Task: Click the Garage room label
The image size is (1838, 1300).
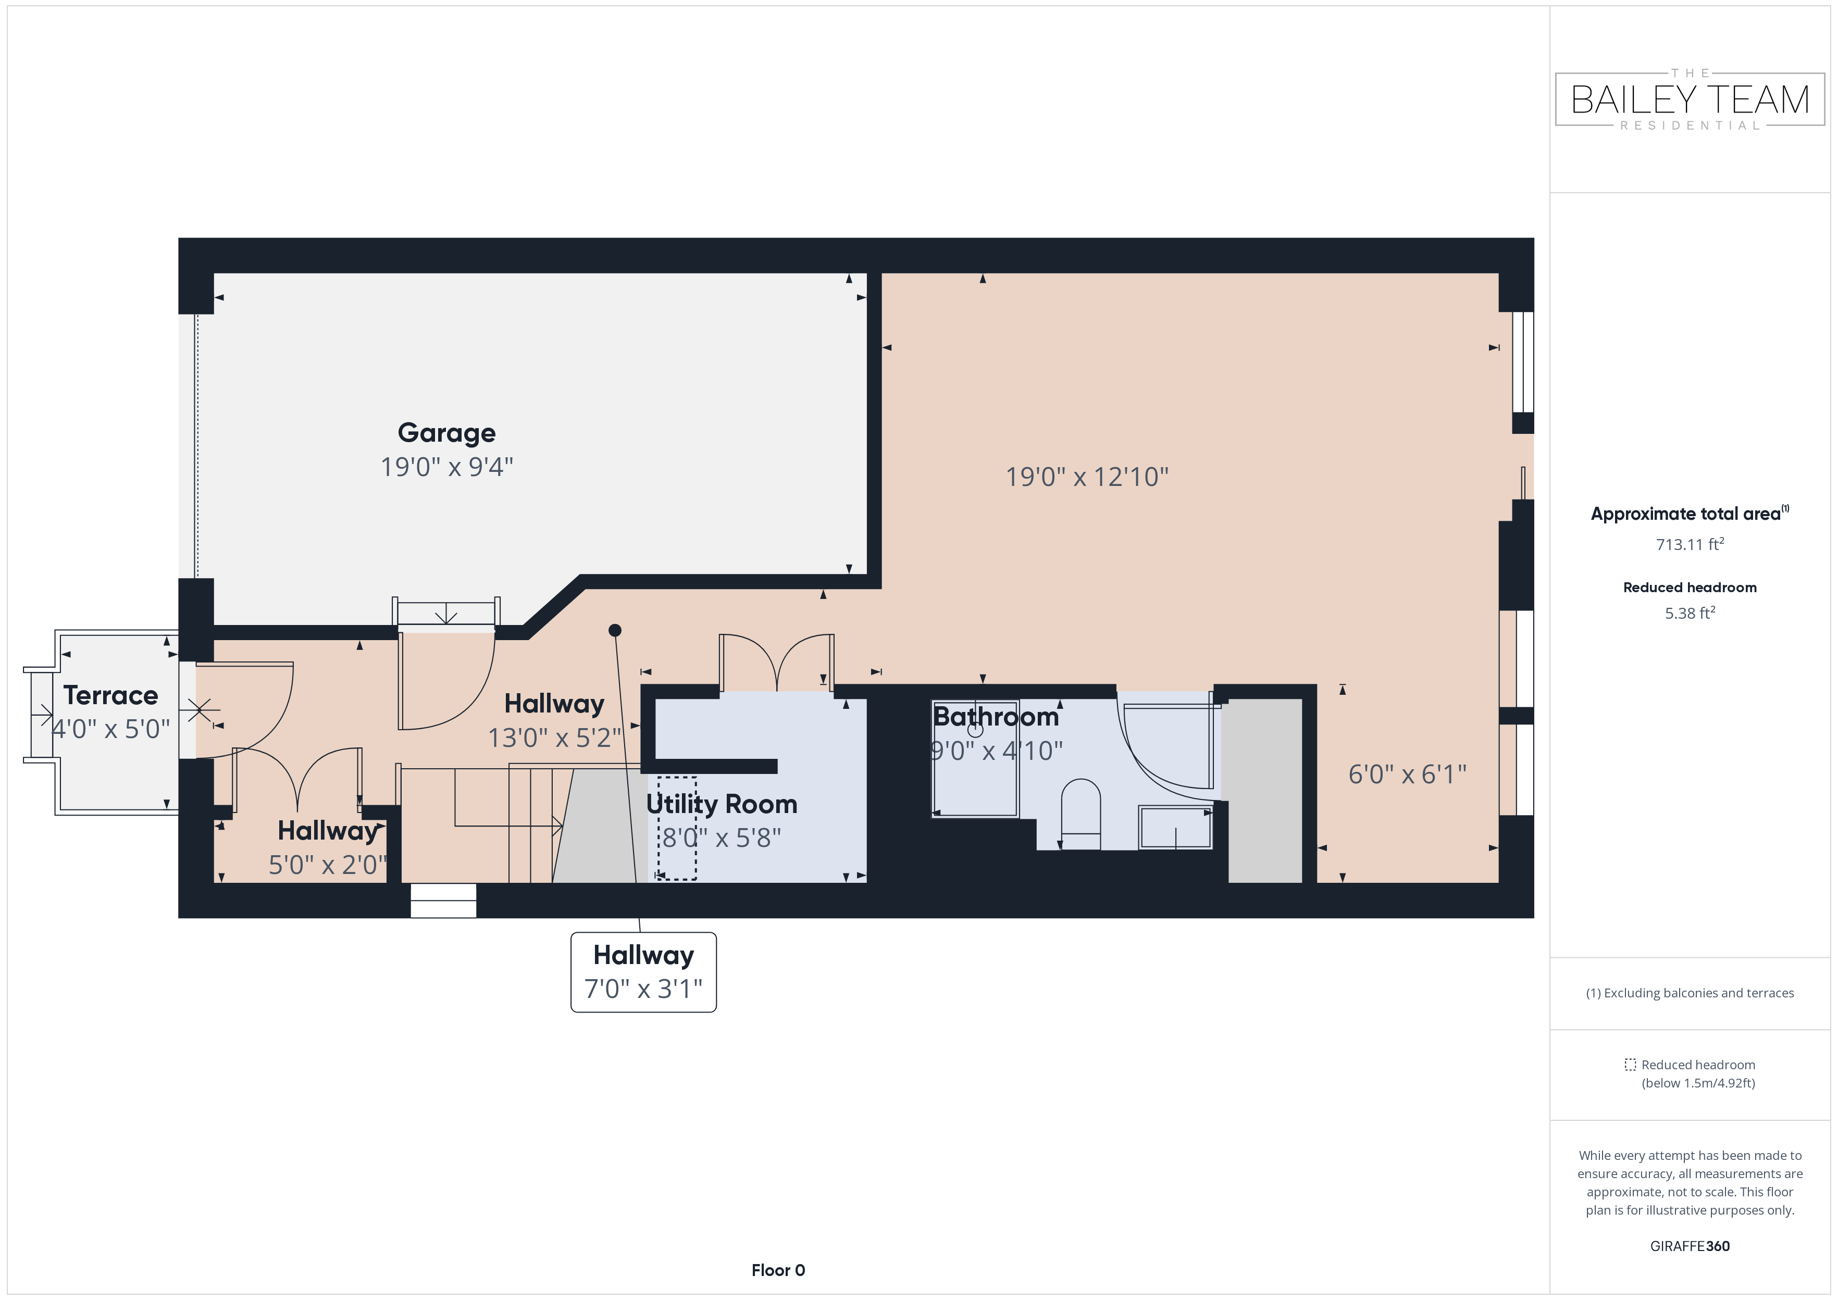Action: click(x=446, y=433)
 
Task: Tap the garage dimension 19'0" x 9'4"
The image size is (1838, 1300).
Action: click(x=446, y=467)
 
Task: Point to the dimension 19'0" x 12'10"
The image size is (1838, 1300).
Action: click(x=1087, y=477)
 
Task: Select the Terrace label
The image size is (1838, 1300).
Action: click(x=110, y=696)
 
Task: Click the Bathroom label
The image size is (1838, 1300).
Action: click(x=996, y=717)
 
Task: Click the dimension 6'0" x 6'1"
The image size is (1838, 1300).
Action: click(x=1407, y=774)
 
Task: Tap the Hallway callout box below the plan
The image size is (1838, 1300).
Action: click(x=643, y=972)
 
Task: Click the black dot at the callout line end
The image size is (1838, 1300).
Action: click(x=615, y=631)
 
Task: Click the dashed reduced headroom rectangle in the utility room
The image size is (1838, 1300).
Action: click(x=677, y=829)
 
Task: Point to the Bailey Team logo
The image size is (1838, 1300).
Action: click(x=1690, y=99)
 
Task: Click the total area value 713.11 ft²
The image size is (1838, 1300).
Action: click(x=1690, y=544)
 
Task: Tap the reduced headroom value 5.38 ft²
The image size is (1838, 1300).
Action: click(x=1690, y=613)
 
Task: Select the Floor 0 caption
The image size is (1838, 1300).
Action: click(x=778, y=1270)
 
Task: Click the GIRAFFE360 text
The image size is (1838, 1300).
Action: click(x=1690, y=1246)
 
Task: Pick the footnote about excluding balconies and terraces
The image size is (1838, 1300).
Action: click(x=1690, y=993)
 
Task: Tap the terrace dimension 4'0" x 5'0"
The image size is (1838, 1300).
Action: click(x=110, y=729)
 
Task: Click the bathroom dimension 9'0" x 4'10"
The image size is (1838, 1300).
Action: click(x=997, y=751)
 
